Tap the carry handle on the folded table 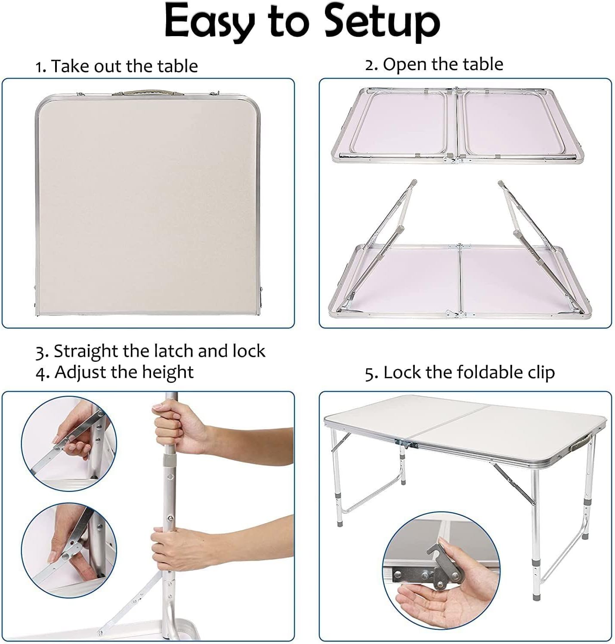click(146, 93)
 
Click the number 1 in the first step click(40, 68)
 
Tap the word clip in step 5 click(541, 373)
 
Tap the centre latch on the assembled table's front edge click(407, 444)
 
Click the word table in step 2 click(484, 64)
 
